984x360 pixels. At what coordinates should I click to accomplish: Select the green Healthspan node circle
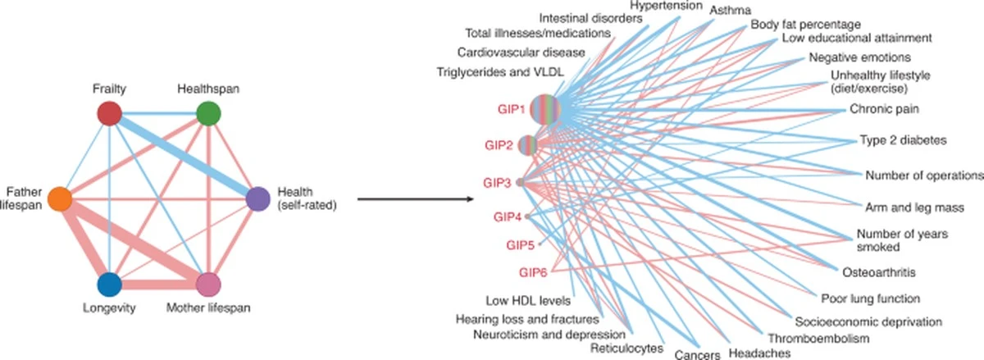tap(208, 113)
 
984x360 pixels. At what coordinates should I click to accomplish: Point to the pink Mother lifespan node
tap(208, 285)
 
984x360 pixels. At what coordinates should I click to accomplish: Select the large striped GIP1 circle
tap(544, 110)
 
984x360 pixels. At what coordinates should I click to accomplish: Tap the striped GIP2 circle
tap(529, 145)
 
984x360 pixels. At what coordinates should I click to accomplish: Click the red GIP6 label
tap(534, 271)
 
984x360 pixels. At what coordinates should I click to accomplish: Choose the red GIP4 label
tap(507, 217)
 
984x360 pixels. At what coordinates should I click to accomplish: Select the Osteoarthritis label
tap(879, 271)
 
